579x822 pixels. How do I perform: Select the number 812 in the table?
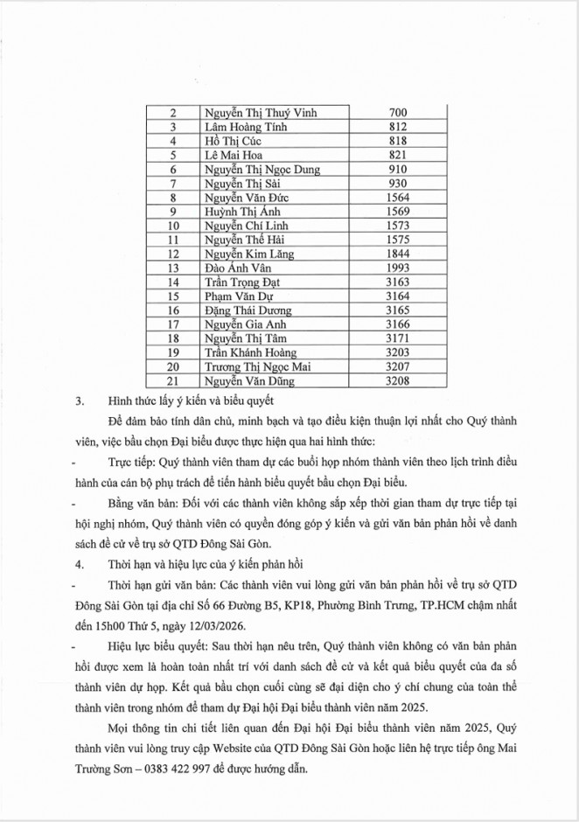click(397, 127)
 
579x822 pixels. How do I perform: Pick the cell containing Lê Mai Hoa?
click(231, 155)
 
